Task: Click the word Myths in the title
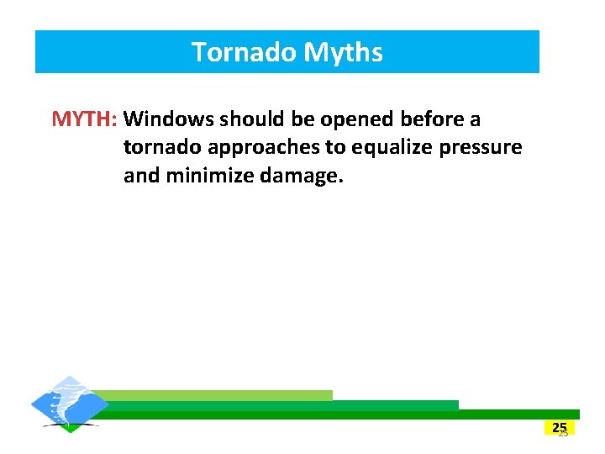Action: pyautogui.click(x=343, y=52)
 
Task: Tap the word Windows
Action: pyautogui.click(x=173, y=119)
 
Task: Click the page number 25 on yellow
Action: pyautogui.click(x=560, y=427)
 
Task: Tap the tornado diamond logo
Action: pyautogui.click(x=70, y=404)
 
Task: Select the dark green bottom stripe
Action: pyautogui.click(x=336, y=414)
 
